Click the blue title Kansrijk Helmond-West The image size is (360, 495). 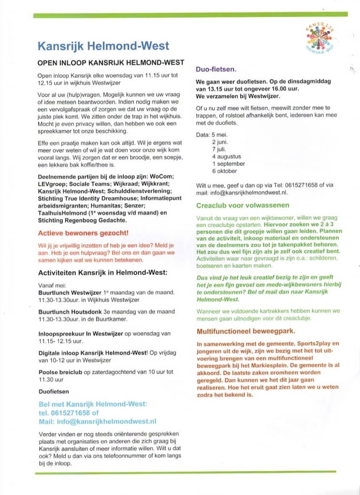(x=103, y=46)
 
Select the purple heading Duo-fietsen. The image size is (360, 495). (x=216, y=70)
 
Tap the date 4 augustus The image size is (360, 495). (x=226, y=157)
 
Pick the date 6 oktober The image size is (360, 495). (x=225, y=171)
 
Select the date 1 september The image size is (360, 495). (x=228, y=164)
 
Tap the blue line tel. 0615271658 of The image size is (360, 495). (x=68, y=413)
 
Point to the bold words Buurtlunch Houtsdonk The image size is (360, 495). (x=71, y=312)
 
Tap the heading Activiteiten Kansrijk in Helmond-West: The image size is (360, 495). (x=102, y=273)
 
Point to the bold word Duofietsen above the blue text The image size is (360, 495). (x=53, y=391)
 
